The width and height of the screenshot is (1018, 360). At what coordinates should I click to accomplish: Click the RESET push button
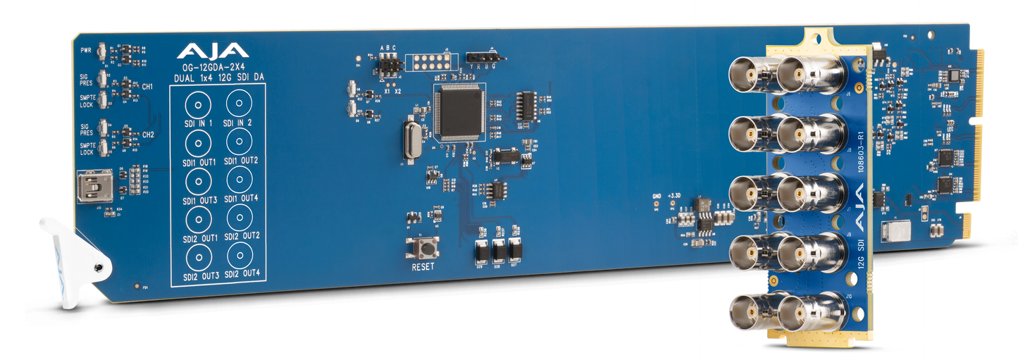423,247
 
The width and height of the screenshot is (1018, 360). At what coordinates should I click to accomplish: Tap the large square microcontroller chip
459,110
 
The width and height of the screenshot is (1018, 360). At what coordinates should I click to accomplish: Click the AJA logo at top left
212,51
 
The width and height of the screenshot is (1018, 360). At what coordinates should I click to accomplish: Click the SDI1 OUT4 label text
239,198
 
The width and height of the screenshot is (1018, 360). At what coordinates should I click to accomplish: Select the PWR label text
87,50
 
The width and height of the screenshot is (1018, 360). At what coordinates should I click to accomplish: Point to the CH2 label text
148,134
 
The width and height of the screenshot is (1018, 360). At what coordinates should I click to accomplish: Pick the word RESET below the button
423,267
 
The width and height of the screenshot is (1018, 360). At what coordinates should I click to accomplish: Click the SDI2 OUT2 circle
240,217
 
